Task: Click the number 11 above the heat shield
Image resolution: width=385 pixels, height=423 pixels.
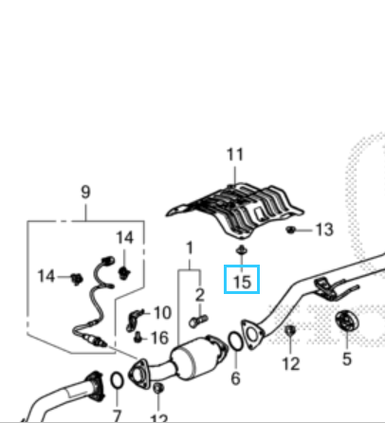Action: click(x=235, y=155)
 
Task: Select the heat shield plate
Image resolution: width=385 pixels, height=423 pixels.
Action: click(x=235, y=210)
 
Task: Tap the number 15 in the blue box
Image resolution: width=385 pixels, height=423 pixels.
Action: click(x=242, y=282)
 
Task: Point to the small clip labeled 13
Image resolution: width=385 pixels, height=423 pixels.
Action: click(x=290, y=230)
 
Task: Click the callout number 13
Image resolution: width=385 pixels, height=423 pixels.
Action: click(x=324, y=230)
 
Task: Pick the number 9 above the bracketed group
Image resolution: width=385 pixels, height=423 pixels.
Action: click(x=85, y=192)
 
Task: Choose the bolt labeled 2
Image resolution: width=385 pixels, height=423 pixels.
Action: click(x=198, y=322)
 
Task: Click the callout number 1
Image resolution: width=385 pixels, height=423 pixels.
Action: click(x=190, y=248)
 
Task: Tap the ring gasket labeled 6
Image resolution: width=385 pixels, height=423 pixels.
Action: click(x=235, y=341)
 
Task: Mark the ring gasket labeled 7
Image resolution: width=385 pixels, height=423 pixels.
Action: click(x=117, y=380)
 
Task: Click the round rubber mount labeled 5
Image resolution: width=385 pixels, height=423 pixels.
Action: click(x=347, y=322)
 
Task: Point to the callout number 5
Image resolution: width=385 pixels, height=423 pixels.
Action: click(x=347, y=359)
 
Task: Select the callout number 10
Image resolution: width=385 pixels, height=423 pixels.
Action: click(x=162, y=313)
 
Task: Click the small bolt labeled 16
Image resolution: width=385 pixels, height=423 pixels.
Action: click(x=137, y=337)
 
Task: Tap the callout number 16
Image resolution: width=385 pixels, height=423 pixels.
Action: click(x=160, y=338)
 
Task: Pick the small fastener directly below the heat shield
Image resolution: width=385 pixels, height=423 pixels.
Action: click(x=242, y=250)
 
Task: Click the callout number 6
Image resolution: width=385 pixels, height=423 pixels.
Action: click(x=235, y=378)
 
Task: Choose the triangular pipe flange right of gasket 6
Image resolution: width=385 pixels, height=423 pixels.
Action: click(x=252, y=335)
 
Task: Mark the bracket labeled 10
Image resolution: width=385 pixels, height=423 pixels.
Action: click(x=134, y=320)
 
